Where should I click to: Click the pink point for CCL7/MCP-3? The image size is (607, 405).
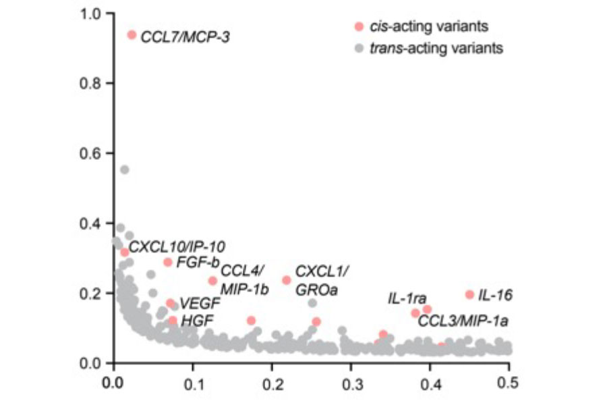coord(132,35)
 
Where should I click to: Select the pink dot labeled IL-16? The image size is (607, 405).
coord(469,294)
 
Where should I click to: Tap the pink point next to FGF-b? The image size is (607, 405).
coord(168,262)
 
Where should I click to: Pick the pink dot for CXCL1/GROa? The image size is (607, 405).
coord(287,280)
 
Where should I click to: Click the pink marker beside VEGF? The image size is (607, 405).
coord(171,302)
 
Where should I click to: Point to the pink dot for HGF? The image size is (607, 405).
coord(173,321)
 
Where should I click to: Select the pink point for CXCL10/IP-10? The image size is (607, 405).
coord(124,252)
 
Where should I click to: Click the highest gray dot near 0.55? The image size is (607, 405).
coord(124,169)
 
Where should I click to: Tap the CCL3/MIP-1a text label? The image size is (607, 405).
coord(463,321)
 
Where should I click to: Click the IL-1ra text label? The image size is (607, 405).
coord(407,298)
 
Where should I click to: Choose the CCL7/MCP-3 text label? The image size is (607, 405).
coord(185,37)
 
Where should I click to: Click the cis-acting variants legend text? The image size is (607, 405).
coord(429,26)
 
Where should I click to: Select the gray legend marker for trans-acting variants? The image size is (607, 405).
coord(359,49)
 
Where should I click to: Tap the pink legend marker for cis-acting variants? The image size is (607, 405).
coord(359,26)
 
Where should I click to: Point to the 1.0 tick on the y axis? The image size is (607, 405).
coord(109,13)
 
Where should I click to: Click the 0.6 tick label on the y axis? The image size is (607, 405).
coord(90,153)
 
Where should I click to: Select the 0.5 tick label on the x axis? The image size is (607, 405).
coord(507,383)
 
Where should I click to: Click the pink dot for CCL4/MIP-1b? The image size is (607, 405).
coord(212,281)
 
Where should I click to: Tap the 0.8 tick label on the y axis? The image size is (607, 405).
coord(90,83)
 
